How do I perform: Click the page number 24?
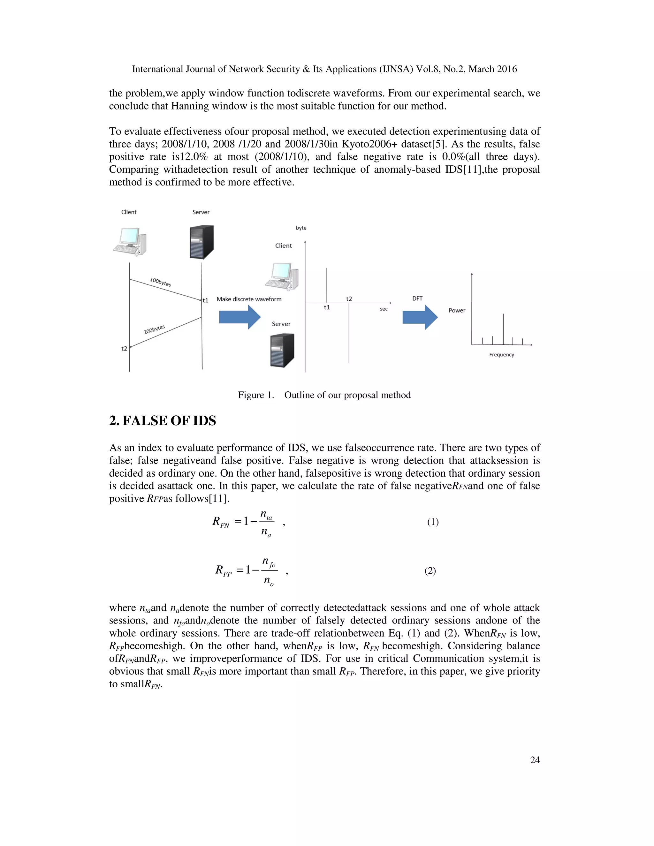click(x=535, y=760)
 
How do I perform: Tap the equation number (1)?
click(x=433, y=522)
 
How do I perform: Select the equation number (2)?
click(x=430, y=571)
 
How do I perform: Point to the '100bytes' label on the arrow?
click(x=160, y=282)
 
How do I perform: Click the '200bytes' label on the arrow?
click(x=154, y=329)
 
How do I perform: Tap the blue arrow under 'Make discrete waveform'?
click(x=240, y=317)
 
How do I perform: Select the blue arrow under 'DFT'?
click(x=420, y=317)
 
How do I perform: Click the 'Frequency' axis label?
click(x=501, y=355)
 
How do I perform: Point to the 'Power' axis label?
click(x=457, y=310)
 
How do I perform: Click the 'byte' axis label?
click(x=301, y=228)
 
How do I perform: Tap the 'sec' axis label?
click(x=384, y=309)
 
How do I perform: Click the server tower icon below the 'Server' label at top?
click(x=202, y=242)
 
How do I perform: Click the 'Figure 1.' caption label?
click(x=256, y=395)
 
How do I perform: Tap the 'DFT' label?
click(x=417, y=298)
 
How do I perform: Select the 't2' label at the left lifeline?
click(x=124, y=349)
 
